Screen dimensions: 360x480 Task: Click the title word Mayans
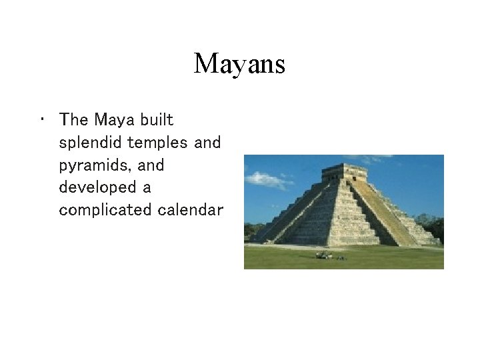click(x=239, y=64)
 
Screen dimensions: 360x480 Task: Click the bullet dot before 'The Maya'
click(x=41, y=120)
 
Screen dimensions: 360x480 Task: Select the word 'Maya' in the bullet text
click(x=115, y=120)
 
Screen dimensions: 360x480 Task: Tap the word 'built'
click(x=157, y=120)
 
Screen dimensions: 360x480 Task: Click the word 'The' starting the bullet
click(x=73, y=120)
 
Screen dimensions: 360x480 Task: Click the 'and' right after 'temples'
click(x=207, y=143)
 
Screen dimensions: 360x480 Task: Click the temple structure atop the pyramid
click(x=343, y=173)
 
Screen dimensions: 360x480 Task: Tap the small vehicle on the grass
click(x=325, y=255)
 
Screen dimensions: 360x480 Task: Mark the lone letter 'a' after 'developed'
click(x=147, y=187)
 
